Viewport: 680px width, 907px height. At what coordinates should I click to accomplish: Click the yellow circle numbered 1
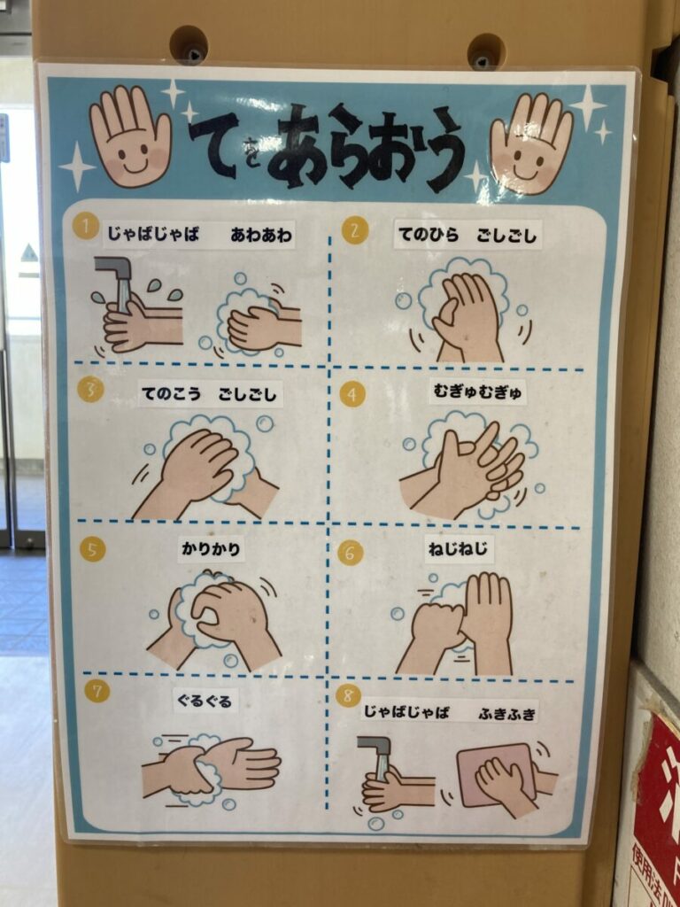pos(86,226)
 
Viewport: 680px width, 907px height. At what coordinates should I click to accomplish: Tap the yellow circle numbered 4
pos(352,394)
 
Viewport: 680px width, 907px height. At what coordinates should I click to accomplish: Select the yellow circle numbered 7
pos(97,691)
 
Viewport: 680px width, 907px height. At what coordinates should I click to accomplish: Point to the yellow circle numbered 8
pos(348,696)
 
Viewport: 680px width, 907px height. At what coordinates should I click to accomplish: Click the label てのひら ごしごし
pos(467,235)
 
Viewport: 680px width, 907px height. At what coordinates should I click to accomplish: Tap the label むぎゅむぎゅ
pos(477,392)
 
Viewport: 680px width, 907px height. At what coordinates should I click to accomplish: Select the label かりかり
pos(211,549)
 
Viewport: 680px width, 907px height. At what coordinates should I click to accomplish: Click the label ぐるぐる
pos(205,702)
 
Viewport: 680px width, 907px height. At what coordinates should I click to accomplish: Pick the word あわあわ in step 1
pos(261,235)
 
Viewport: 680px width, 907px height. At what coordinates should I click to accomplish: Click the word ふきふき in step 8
pos(508,712)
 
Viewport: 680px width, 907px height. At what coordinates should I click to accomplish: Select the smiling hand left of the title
pos(131,136)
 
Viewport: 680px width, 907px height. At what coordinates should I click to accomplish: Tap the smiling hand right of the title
pos(531,143)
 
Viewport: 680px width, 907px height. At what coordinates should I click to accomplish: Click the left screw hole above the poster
pos(189,44)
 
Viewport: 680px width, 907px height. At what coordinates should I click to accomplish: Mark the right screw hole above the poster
pos(486,51)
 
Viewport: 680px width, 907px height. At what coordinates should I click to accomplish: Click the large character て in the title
pos(214,143)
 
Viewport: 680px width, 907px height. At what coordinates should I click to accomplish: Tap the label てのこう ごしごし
pos(209,394)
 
